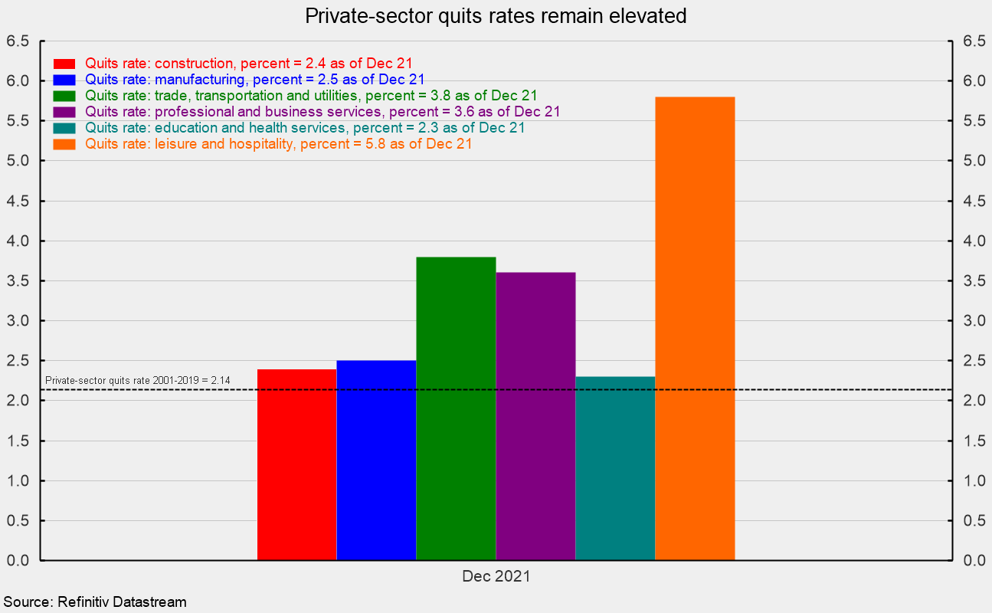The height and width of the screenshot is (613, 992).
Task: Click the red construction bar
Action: (296, 464)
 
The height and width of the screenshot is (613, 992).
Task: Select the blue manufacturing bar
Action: (376, 460)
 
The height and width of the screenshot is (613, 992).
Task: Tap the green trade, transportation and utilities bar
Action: (456, 408)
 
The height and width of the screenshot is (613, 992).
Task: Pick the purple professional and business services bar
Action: (535, 416)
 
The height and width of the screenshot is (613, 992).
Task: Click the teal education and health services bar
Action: (615, 468)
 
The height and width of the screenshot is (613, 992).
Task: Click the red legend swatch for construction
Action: (64, 63)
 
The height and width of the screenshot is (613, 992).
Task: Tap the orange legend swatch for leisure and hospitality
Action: (64, 143)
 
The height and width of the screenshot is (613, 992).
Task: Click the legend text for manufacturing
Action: (255, 79)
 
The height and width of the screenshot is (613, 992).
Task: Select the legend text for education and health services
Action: (305, 127)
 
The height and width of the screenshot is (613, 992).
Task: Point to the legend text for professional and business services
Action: (322, 111)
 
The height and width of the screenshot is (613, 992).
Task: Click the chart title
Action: (496, 15)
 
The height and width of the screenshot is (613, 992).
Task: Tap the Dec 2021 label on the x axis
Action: (496, 576)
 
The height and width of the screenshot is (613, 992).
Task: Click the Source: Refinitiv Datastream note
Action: (94, 602)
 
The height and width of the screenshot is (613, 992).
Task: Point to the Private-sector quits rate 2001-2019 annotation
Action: (138, 380)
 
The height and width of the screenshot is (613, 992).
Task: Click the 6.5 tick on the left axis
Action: (18, 41)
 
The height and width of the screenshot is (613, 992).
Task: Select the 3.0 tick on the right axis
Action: (973, 321)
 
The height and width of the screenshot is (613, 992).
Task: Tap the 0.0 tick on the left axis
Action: (18, 561)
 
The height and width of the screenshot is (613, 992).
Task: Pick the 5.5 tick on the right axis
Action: (973, 121)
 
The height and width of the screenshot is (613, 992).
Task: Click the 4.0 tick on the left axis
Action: (18, 241)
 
